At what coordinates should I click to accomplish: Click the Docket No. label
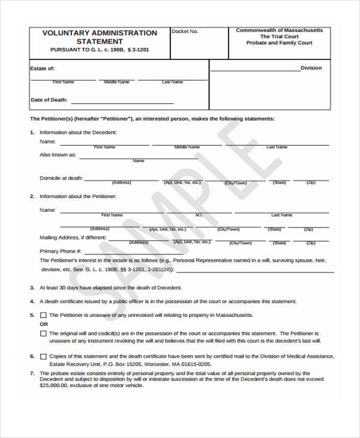[x=185, y=31]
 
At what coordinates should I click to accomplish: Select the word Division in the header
[x=311, y=68]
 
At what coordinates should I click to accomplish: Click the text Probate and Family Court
[x=279, y=43]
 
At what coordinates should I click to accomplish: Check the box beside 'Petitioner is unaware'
[x=43, y=315]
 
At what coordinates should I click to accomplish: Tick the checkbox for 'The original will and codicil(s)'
[x=43, y=333]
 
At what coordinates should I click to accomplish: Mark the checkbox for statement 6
[x=43, y=356]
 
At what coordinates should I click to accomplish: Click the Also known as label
[x=58, y=155]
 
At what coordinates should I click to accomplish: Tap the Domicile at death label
[x=61, y=178]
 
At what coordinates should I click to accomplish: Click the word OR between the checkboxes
[x=44, y=324]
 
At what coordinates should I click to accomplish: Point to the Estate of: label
[x=42, y=69]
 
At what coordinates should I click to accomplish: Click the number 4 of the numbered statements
[x=32, y=301]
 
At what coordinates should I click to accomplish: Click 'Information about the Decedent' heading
[x=78, y=132]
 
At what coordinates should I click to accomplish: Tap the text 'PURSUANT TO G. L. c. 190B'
[x=83, y=50]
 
